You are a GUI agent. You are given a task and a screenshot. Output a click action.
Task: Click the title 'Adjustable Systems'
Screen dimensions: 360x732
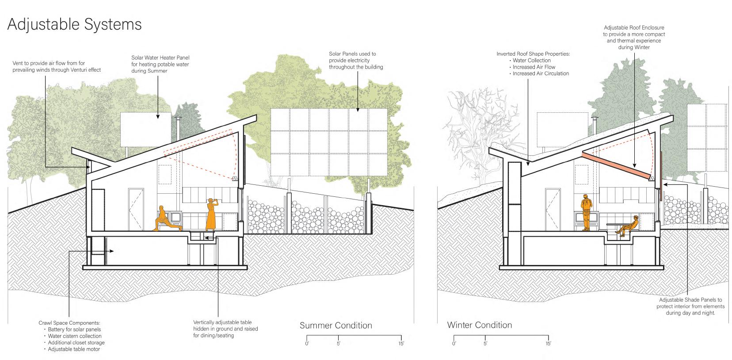coord(74,24)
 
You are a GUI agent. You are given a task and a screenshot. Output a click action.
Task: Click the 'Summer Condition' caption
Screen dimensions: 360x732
coord(335,326)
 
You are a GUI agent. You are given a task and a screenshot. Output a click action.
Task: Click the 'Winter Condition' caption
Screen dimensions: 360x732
coord(479,325)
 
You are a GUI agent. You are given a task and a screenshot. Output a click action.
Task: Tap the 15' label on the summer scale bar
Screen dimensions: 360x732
coord(401,344)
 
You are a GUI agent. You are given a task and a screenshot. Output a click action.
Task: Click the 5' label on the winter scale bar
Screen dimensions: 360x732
coord(485,344)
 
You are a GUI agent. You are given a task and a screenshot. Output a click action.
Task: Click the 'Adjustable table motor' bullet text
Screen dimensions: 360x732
coord(74,349)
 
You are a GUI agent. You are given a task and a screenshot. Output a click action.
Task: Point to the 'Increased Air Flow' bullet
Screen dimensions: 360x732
coord(534,67)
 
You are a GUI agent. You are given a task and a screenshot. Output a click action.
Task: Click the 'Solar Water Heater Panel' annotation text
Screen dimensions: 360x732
coord(160,58)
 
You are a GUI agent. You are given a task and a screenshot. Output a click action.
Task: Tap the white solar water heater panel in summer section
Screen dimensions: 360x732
coord(145,128)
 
